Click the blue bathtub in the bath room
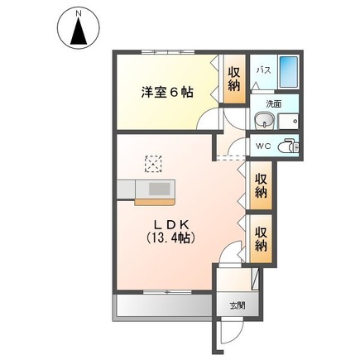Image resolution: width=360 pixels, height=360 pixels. coord(288,73)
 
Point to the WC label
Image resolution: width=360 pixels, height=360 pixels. coord(263,146)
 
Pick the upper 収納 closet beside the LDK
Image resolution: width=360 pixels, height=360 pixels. coord(260,186)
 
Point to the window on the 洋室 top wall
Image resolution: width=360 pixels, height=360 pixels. coord(166,53)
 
